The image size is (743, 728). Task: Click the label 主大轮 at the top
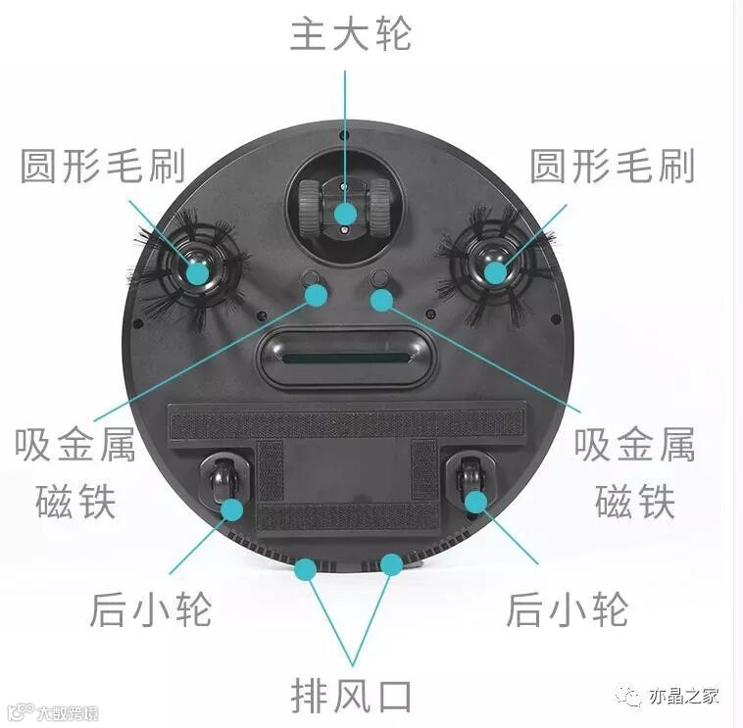point(350,33)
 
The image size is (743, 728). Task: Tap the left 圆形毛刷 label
point(103,167)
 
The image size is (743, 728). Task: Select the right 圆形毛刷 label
point(612,167)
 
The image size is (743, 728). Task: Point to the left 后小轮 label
point(151,609)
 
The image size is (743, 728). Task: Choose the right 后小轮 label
point(568,609)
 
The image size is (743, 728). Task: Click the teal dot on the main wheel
point(345,214)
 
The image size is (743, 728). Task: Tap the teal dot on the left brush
point(197,271)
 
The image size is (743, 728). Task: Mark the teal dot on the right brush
point(495,271)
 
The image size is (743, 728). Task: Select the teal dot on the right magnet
point(380,298)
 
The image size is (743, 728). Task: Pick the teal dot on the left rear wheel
point(231,509)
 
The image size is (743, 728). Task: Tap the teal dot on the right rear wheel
point(475,503)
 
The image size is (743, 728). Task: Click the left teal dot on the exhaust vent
point(306,567)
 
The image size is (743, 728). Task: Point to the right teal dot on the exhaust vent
point(391,564)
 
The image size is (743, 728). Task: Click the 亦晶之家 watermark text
point(683,698)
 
